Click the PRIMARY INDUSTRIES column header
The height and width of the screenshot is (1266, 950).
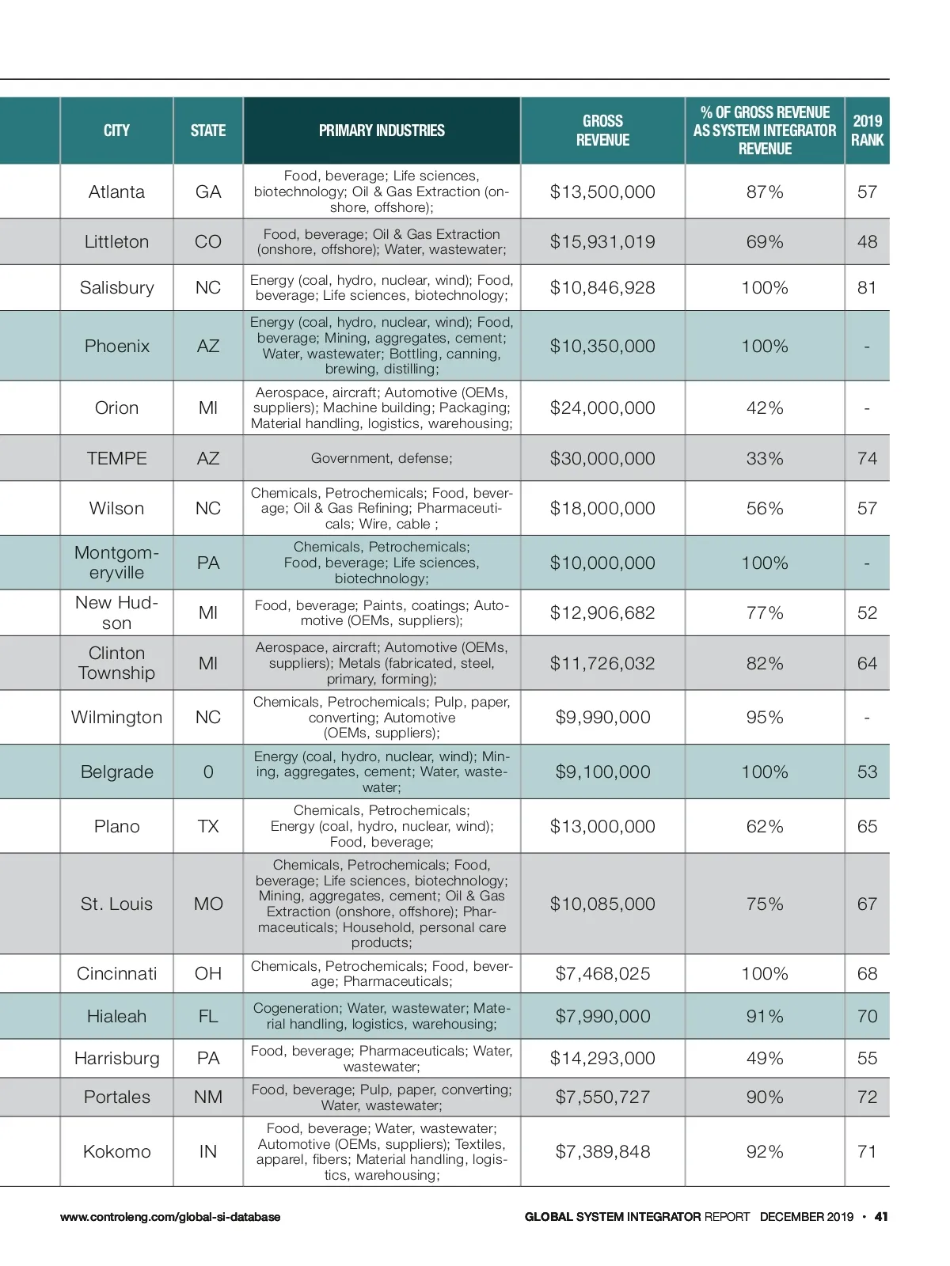382,131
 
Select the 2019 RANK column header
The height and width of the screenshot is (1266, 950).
867,131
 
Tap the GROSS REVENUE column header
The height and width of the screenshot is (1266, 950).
602,131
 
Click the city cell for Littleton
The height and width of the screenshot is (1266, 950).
116,242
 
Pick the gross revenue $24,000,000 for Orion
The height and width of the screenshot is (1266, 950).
602,408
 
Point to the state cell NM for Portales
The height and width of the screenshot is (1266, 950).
208,1097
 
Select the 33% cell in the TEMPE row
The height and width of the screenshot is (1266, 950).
765,459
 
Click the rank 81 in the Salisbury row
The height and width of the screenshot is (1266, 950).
867,288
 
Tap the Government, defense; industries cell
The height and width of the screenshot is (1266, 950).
382,459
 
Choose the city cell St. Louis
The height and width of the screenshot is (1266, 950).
116,904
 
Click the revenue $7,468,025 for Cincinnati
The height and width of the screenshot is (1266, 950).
602,974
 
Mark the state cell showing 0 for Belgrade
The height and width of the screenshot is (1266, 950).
208,772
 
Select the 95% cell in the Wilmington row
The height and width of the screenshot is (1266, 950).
765,718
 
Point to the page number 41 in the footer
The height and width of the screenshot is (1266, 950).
881,1217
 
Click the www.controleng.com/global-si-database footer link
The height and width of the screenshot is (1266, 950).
170,1217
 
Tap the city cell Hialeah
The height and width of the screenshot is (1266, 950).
116,1017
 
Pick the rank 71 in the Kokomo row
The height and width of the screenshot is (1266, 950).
867,1152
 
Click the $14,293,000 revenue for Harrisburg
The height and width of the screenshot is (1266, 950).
602,1059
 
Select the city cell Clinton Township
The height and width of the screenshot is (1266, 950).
116,663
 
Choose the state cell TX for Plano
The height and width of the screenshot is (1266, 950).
208,827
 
